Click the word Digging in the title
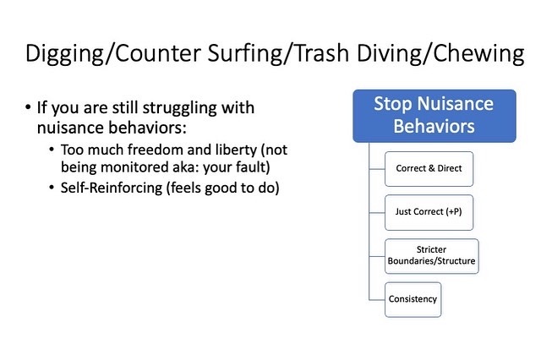coord(64,54)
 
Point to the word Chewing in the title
coord(478,54)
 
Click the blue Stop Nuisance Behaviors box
coord(434,116)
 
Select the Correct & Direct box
coord(429,169)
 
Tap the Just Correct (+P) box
coord(429,212)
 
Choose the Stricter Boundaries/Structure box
coord(432,256)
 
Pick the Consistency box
coord(413,300)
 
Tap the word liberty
coord(237,150)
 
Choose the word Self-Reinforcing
coord(112,188)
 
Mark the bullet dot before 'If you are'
coord(28,107)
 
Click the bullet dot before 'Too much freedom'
coord(52,150)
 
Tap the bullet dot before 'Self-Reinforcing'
coord(52,188)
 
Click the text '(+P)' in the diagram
coord(453,212)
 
